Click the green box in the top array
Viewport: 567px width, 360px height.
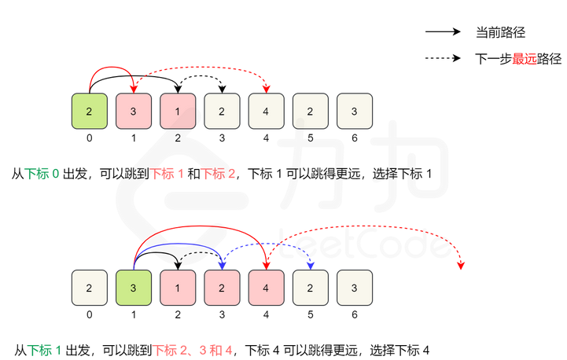coord(89,111)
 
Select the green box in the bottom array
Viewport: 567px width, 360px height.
coord(133,288)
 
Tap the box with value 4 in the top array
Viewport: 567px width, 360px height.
coord(266,111)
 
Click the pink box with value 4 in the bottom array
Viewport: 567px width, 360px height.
coord(266,288)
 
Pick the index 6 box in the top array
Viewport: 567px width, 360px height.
coord(354,111)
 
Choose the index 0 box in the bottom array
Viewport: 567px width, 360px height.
coord(89,288)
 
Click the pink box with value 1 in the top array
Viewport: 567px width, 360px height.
coord(177,111)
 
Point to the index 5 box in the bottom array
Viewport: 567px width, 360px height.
coord(310,288)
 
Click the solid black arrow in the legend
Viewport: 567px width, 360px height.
coord(442,33)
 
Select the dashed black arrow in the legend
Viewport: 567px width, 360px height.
coord(442,58)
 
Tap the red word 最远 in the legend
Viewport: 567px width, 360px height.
coord(525,58)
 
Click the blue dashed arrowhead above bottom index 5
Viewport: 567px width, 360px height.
coord(310,264)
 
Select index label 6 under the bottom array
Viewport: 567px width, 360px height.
coord(354,314)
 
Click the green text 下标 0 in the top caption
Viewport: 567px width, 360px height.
coord(42,173)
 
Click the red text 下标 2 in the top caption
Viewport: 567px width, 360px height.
coord(219,173)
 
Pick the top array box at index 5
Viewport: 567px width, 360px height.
coord(310,111)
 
